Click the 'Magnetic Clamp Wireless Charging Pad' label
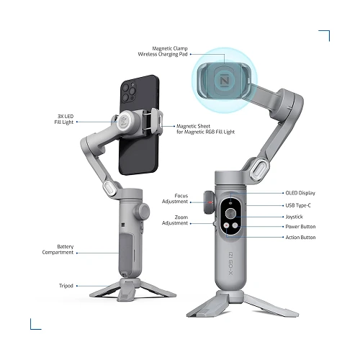point(163,51)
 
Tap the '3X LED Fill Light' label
point(64,120)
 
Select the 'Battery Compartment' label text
point(58,249)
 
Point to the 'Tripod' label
point(66,286)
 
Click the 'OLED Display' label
point(300,193)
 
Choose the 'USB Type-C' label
point(298,205)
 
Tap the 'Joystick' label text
point(294,217)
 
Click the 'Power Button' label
point(300,227)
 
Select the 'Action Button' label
point(300,238)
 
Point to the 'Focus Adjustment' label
point(175,199)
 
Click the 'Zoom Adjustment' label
point(175,220)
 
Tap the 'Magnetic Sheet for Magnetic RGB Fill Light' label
point(206,129)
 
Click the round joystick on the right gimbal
point(231,213)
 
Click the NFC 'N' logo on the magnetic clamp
point(225,80)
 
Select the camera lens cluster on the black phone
point(128,91)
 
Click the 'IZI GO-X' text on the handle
point(230,264)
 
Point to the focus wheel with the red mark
point(209,202)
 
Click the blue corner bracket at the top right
point(324,35)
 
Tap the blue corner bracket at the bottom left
point(35,324)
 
